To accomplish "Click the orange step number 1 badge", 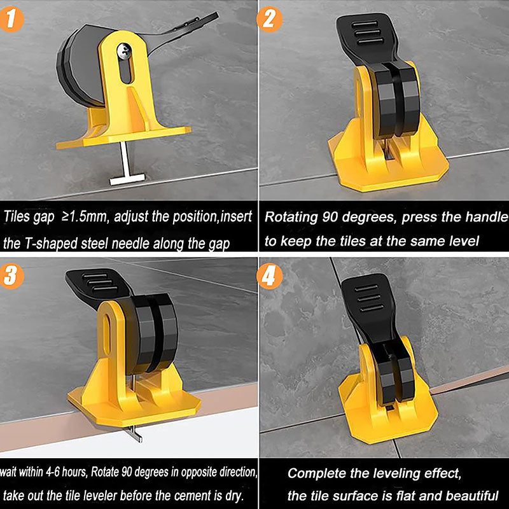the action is [11, 20].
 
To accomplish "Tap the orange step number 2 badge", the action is [269, 20].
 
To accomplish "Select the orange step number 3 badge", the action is [11, 276].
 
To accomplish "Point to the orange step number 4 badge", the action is [269, 276].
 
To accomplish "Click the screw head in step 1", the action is [124, 51].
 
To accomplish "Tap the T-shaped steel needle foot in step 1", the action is [127, 179].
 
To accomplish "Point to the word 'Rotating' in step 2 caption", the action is [291, 217].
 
